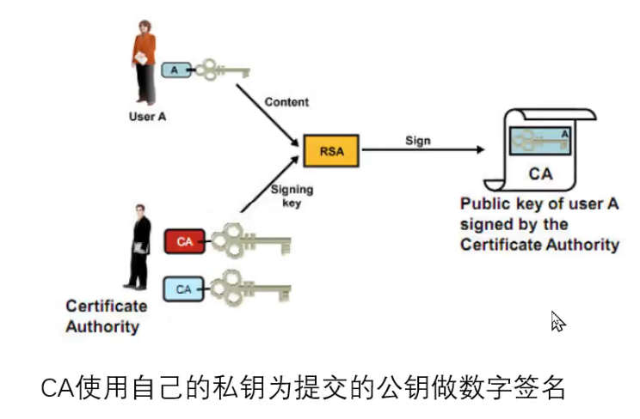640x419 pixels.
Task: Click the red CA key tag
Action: click(184, 242)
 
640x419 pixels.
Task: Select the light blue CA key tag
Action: click(183, 289)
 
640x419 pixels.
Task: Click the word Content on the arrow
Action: click(286, 102)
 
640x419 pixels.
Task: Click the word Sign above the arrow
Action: click(418, 141)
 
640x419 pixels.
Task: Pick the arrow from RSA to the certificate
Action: click(422, 150)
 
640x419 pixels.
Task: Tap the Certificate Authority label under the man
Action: click(107, 316)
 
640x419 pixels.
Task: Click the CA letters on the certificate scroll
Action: click(540, 174)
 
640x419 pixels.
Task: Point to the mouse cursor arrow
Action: click(557, 322)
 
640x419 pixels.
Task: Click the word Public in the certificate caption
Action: click(483, 204)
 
